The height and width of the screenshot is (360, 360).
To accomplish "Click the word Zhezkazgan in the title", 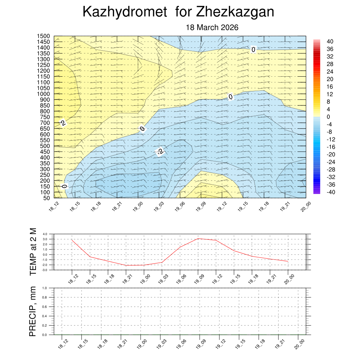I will (235, 12).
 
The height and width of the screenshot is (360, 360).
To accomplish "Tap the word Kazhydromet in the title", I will (124, 12).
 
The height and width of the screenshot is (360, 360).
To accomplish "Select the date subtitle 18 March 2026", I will (212, 27).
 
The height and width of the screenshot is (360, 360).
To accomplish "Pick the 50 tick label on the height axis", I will (46, 198).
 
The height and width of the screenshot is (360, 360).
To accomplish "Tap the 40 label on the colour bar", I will (330, 41).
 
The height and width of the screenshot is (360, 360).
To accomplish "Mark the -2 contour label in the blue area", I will (160, 152).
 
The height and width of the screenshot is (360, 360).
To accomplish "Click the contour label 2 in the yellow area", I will (63, 123).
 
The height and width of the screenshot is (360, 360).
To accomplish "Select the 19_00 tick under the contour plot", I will (138, 206).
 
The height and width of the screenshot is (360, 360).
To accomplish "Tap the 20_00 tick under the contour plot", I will (305, 206).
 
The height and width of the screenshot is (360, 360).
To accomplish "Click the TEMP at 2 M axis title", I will (33, 251).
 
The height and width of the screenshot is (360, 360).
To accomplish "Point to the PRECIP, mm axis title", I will (33, 311).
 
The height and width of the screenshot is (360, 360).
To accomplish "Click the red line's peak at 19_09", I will (198, 239).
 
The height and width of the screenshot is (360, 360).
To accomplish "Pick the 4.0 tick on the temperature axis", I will (45, 234).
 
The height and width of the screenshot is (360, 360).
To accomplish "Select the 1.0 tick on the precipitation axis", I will (45, 288).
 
